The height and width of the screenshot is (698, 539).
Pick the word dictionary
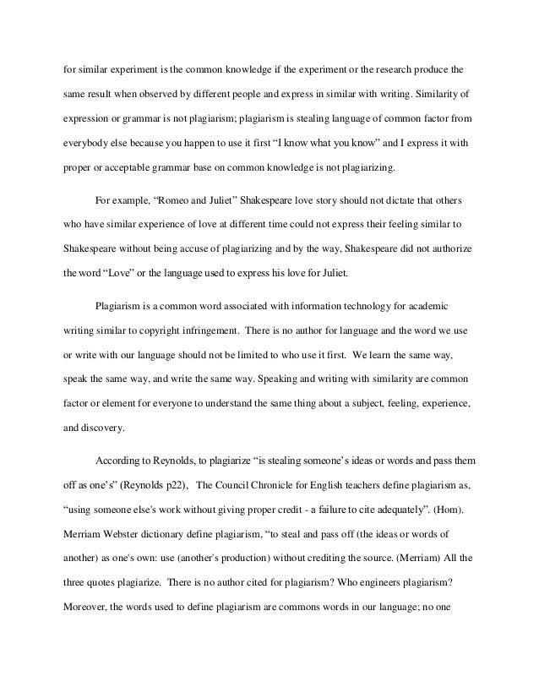pos(183,535)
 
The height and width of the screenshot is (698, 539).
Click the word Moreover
pos(85,606)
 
